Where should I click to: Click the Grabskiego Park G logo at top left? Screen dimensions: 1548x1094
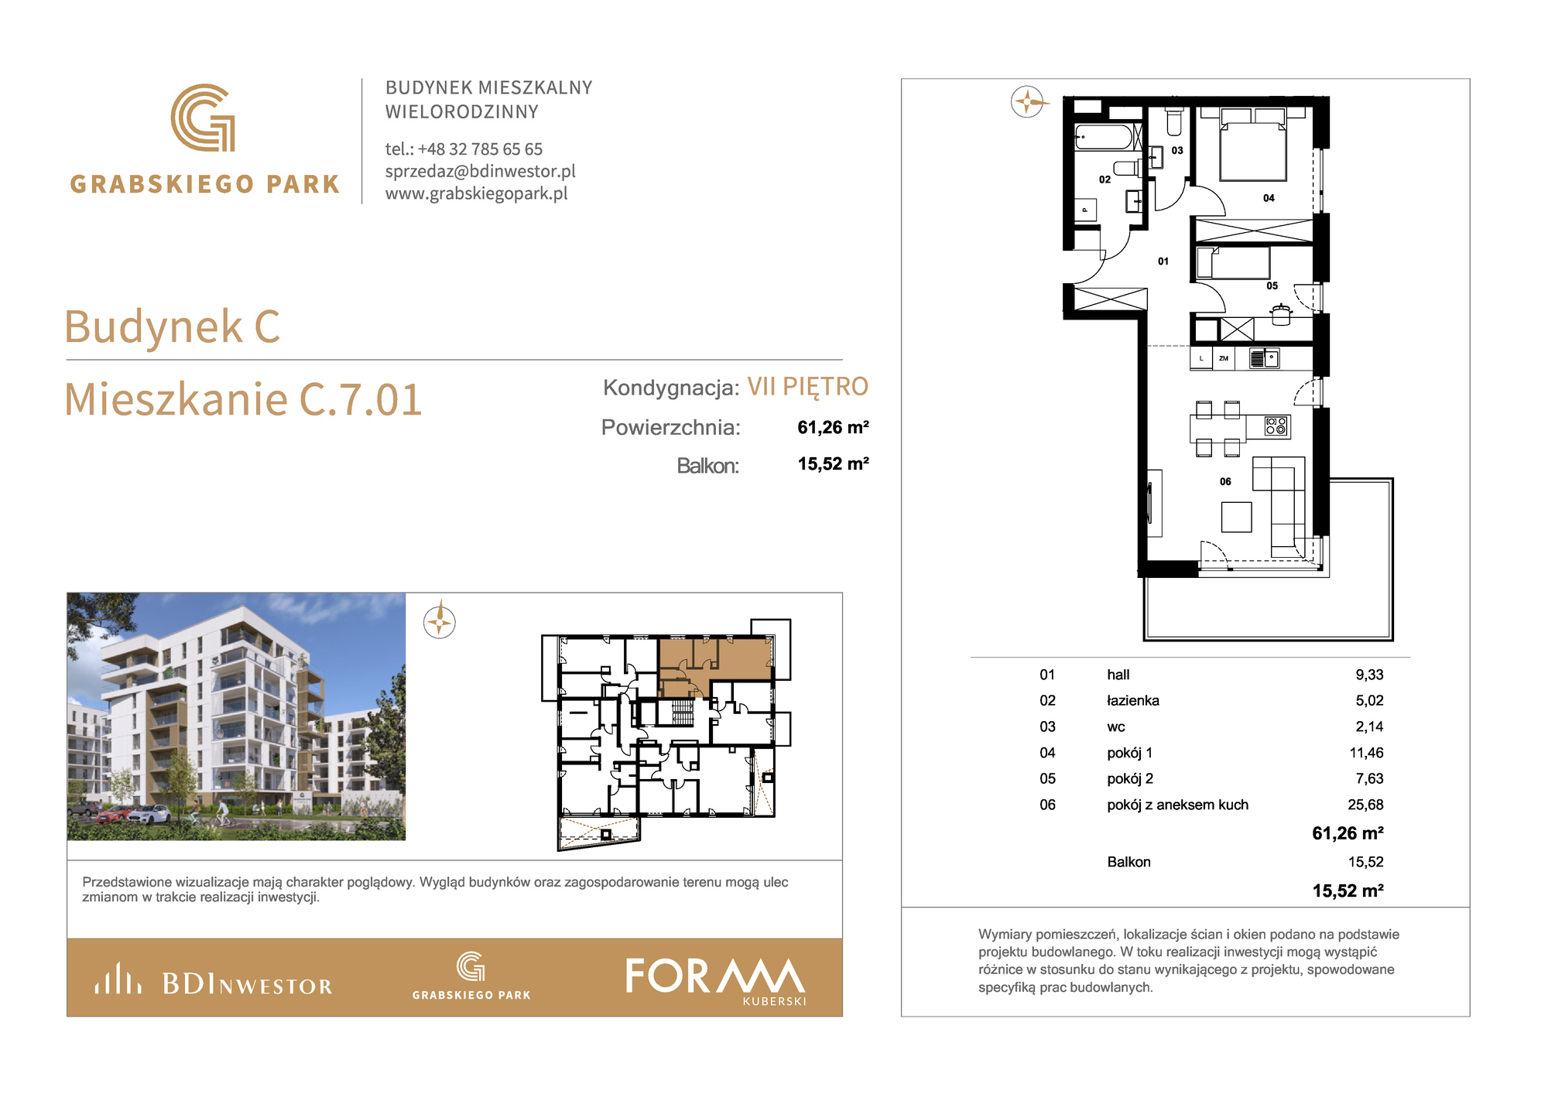click(x=203, y=118)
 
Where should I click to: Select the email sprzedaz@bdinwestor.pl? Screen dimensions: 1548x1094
click(x=481, y=171)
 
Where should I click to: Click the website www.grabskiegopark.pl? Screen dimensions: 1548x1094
click(x=477, y=193)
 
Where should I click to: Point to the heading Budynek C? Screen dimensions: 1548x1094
click(x=172, y=326)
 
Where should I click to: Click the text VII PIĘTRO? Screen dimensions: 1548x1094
click(x=807, y=386)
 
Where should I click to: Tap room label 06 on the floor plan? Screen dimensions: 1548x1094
click(x=1225, y=481)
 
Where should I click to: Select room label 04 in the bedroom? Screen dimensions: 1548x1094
click(x=1269, y=198)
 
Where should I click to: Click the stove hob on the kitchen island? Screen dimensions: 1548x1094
click(x=1276, y=426)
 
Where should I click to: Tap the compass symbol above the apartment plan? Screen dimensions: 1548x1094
click(x=1027, y=101)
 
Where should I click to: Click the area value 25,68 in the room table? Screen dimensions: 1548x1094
click(x=1365, y=805)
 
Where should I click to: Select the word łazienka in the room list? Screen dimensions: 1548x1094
click(x=1133, y=701)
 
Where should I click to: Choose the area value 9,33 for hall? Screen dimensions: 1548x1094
click(x=1369, y=675)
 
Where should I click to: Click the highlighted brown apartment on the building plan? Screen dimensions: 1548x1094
click(x=715, y=662)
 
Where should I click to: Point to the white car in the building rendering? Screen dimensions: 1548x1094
click(x=150, y=814)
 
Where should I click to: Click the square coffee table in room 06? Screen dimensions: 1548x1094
click(x=1236, y=517)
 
